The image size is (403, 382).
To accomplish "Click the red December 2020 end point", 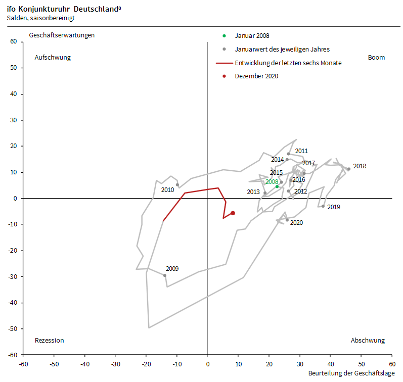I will tap(233, 213).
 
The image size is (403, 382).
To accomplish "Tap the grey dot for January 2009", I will tap(165, 275).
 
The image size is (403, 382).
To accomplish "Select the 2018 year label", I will tap(360, 166).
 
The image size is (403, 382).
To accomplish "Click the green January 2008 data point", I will tap(277, 186).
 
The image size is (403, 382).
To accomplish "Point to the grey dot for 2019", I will tap(323, 206).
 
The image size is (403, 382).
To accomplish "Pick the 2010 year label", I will tap(167, 190).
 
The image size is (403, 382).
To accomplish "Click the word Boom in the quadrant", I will tap(376, 58).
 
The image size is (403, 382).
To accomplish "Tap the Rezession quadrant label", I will tap(50, 341).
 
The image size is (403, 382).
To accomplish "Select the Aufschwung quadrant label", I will tap(53, 58).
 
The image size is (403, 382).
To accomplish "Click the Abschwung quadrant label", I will tap(368, 341).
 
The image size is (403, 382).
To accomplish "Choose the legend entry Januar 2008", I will tap(252, 36).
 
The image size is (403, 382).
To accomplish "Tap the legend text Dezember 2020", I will tap(256, 76).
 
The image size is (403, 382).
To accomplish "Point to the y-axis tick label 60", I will tap(14, 42).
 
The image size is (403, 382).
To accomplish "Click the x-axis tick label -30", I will tap(115, 364).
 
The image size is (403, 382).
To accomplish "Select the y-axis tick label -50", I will tap(13, 329).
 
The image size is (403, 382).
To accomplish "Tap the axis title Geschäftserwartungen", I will tap(62, 35).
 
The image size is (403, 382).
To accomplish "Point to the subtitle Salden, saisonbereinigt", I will tap(41, 18).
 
